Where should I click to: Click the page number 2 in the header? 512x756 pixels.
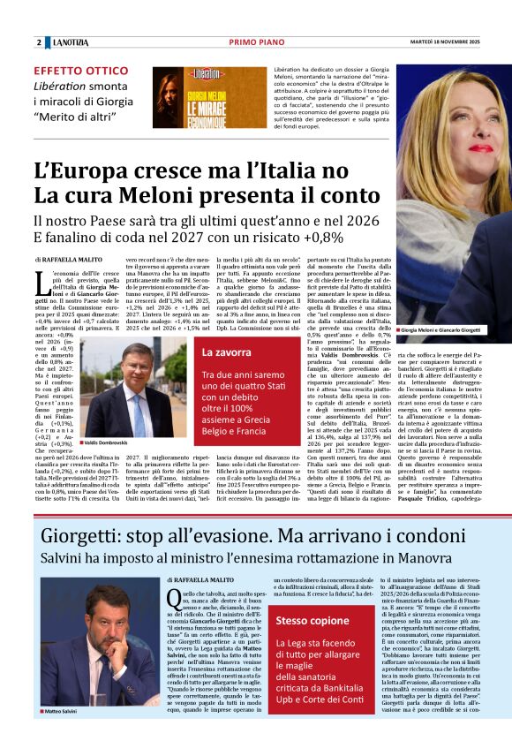click(39, 42)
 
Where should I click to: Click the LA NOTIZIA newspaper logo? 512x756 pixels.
click(70, 42)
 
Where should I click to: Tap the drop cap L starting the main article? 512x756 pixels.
click(40, 282)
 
